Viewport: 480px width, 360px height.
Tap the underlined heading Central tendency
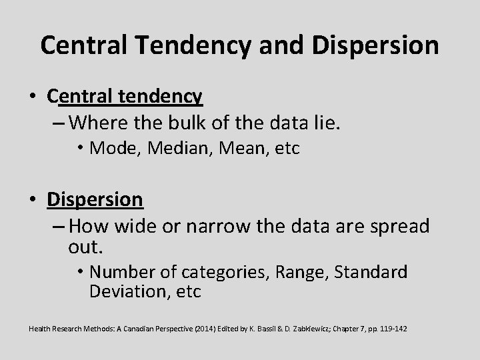pyautogui.click(x=125, y=97)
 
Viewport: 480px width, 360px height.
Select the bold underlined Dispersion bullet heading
pyautogui.click(x=95, y=199)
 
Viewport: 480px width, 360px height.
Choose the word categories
pyautogui.click(x=217, y=273)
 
